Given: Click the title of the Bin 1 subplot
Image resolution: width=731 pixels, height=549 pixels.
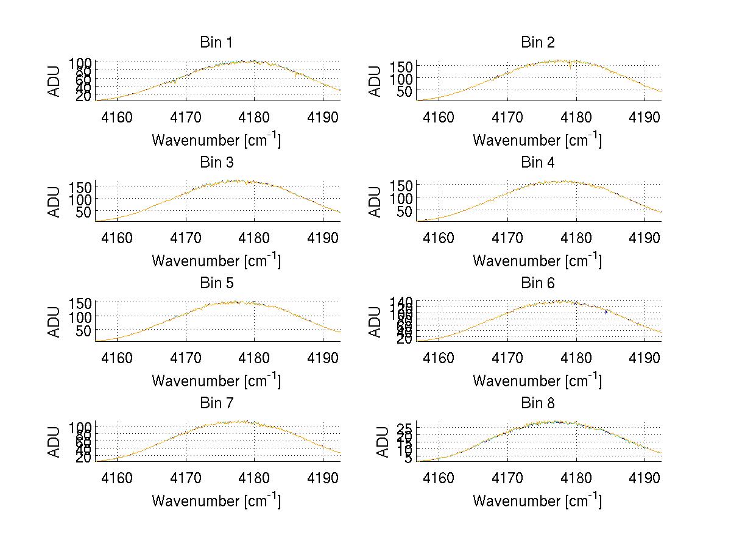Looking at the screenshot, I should (216, 43).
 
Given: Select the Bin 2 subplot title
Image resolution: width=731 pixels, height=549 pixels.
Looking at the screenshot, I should (537, 43).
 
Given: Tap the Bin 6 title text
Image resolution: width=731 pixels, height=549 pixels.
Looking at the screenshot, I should (537, 283).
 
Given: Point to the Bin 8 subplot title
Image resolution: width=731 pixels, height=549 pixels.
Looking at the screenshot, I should (537, 403).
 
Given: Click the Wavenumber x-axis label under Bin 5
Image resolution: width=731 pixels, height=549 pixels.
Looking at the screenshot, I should (216, 381).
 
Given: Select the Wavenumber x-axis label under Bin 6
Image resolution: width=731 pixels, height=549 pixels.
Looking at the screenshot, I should (537, 381).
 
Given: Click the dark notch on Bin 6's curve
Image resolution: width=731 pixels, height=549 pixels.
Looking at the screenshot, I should (606, 312).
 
